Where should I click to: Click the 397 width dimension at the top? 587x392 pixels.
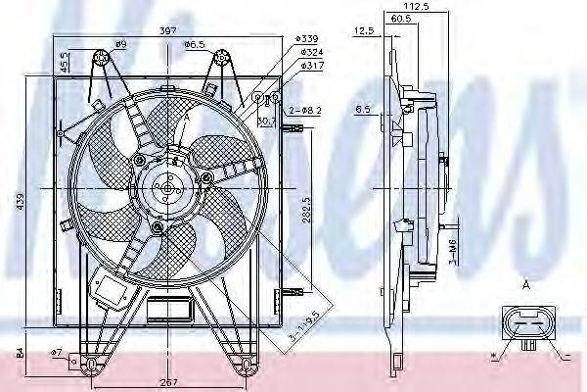(169, 31)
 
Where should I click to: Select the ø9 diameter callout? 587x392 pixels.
(121, 45)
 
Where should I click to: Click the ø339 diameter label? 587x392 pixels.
(311, 39)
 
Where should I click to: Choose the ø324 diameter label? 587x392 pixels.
(311, 52)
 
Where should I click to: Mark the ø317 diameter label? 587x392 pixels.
(311, 66)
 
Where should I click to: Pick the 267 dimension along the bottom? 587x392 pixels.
(169, 382)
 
